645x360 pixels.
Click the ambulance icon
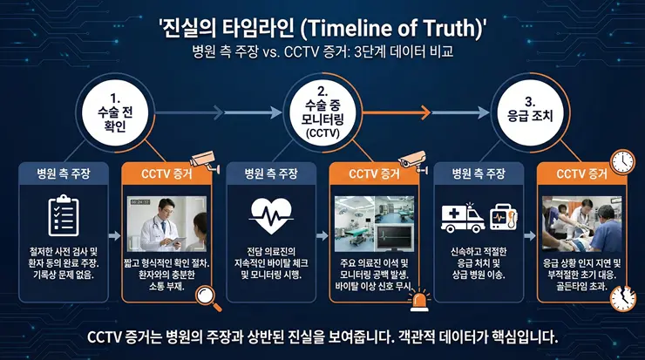(x=463, y=218)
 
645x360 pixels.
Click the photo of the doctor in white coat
(x=170, y=221)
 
